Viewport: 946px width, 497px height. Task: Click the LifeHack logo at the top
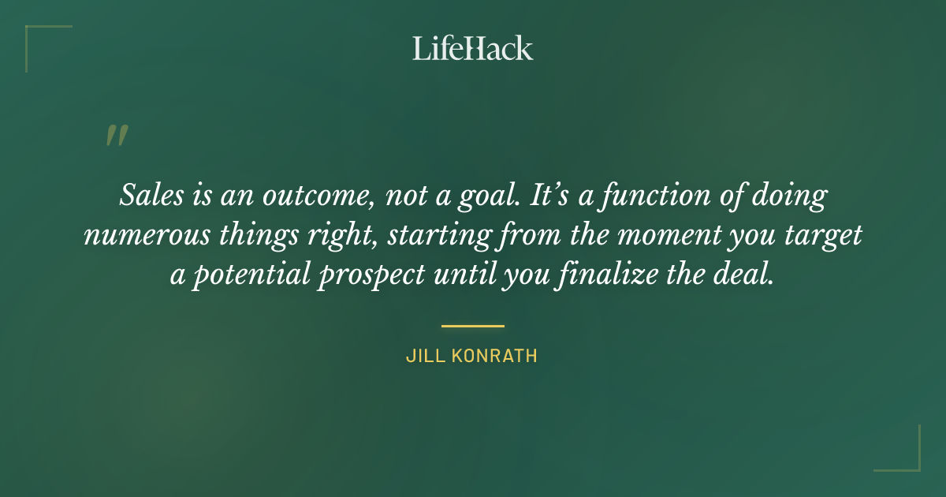click(472, 48)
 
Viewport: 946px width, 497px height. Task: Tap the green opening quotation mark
click(116, 136)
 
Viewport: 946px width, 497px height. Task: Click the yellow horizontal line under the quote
click(472, 325)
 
